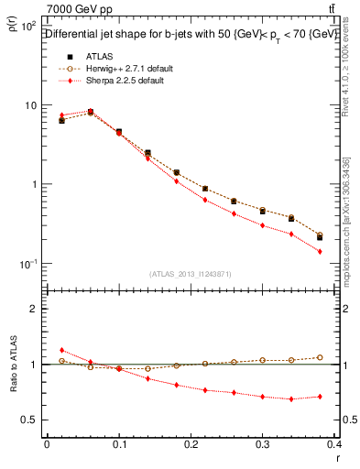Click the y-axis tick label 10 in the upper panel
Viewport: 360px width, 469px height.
click(x=29, y=105)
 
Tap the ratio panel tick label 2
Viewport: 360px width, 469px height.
click(x=33, y=309)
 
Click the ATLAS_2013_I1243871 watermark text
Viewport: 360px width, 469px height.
click(x=191, y=274)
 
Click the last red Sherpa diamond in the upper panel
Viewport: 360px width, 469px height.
click(x=320, y=251)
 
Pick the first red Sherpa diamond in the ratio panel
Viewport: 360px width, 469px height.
click(x=61, y=350)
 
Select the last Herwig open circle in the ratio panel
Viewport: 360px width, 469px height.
click(x=320, y=357)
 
